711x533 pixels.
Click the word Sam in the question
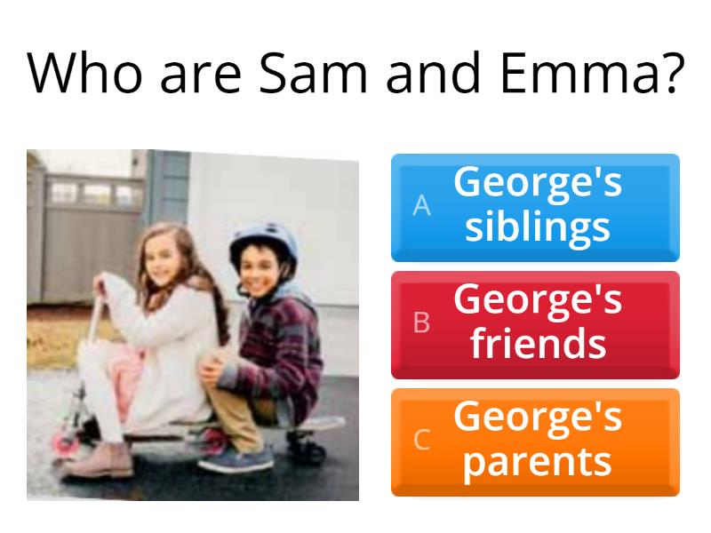(313, 73)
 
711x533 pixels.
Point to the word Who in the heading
(84, 73)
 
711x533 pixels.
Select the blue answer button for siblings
(535, 208)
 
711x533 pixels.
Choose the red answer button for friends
(535, 325)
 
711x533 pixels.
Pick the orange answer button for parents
(535, 442)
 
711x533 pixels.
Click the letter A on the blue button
(421, 205)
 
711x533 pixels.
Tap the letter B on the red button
(421, 322)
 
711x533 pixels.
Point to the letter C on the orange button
(421, 440)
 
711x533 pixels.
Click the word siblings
(538, 227)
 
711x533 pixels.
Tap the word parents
(538, 462)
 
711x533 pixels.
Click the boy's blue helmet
(264, 243)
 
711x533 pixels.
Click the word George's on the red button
(538, 299)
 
